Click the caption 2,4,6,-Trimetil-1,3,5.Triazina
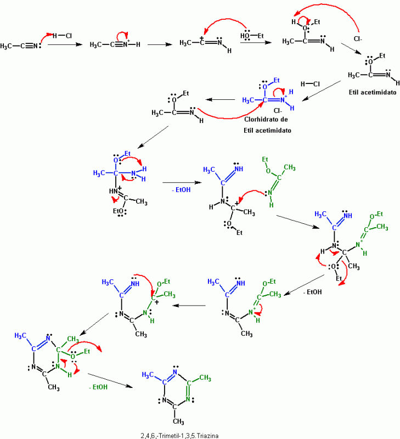pyautogui.click(x=179, y=435)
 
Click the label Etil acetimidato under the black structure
pyautogui.click(x=372, y=92)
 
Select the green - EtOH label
pyautogui.click(x=98, y=387)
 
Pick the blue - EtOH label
pyautogui.click(x=181, y=189)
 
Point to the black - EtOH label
pyautogui.click(x=312, y=292)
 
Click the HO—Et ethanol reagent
pyautogui.click(x=252, y=36)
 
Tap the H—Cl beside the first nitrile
pyautogui.click(x=62, y=36)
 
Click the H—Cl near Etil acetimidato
pyautogui.click(x=310, y=84)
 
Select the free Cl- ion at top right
pyautogui.click(x=358, y=39)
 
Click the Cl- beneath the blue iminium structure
pyautogui.click(x=278, y=111)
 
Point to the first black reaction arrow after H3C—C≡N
pyautogui.click(x=65, y=44)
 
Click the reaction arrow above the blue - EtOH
pyautogui.click(x=182, y=183)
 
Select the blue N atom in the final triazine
pyautogui.click(x=175, y=372)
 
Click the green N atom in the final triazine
pyautogui.click(x=188, y=399)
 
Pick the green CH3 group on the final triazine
pyautogui.click(x=205, y=378)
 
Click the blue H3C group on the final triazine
pyautogui.click(x=148, y=375)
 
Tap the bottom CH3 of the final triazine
pyautogui.click(x=178, y=421)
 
